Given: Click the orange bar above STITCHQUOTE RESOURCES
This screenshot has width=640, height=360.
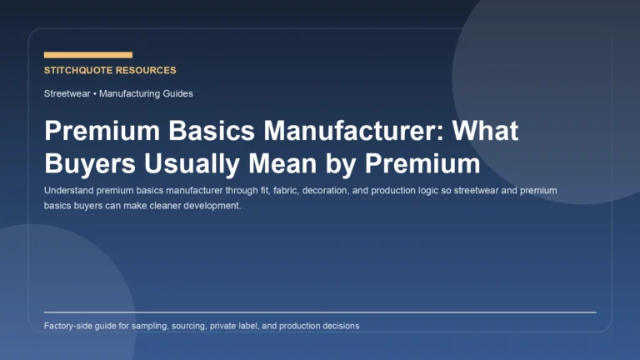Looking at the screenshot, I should [x=87, y=55].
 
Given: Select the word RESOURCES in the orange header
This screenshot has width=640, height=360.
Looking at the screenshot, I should [x=147, y=71].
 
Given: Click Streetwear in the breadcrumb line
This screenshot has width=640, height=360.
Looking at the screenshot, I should [x=67, y=93].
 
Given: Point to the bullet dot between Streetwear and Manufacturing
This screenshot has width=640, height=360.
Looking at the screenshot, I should [x=95, y=93].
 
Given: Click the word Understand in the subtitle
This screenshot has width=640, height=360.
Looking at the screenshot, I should [x=70, y=191].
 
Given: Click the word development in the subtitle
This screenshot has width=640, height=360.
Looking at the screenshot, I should [x=214, y=206].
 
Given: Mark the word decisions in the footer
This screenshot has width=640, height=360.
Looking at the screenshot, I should [x=339, y=326].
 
